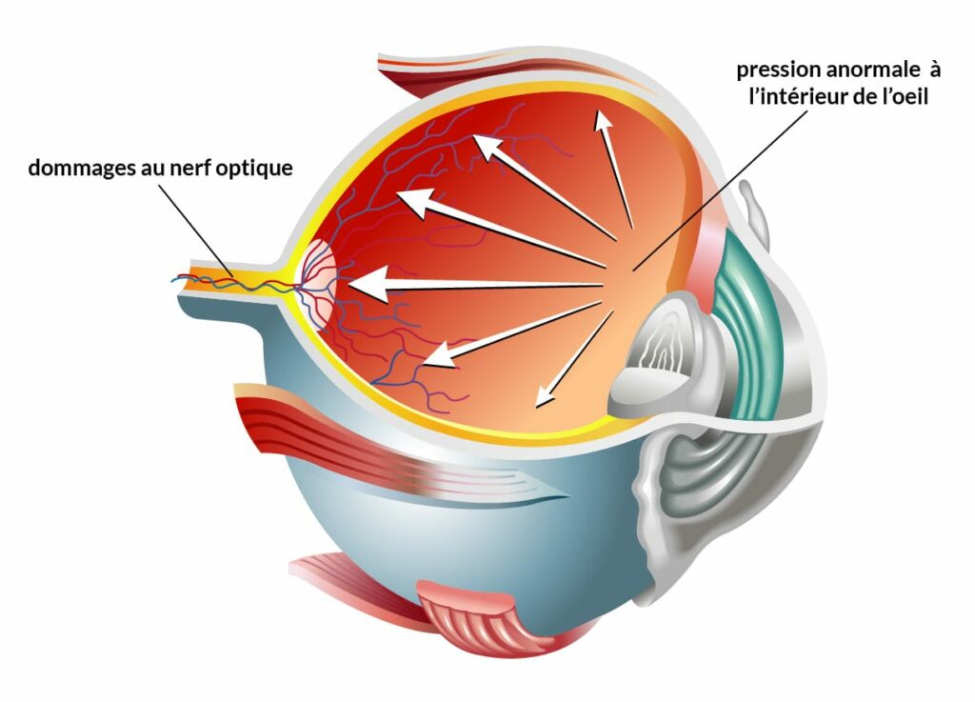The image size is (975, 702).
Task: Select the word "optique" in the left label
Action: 258,169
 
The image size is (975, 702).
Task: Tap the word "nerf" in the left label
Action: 194,169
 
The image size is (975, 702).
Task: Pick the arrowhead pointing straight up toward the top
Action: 601,120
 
